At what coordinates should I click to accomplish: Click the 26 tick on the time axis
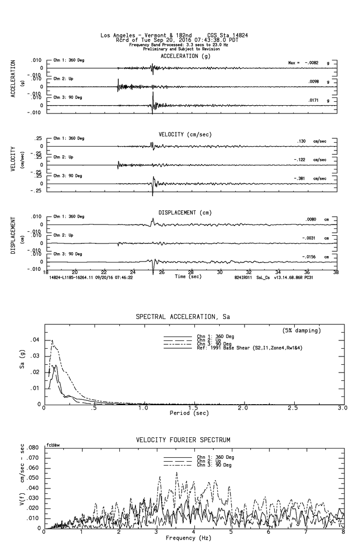click(162, 273)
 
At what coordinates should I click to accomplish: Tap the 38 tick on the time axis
click(336, 273)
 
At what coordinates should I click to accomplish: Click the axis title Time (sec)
click(189, 277)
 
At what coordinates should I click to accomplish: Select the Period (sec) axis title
click(189, 412)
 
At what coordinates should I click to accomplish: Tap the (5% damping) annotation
click(302, 331)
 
